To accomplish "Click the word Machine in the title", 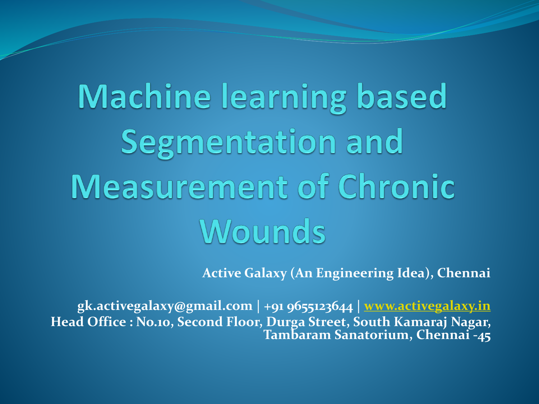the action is point(144,96).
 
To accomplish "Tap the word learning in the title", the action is point(284,98).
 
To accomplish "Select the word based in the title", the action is point(402,96).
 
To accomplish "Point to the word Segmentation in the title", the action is point(228,143).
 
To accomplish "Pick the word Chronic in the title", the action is point(396,186).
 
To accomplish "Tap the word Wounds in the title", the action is point(263,231).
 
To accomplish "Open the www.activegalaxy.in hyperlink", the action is point(427,306).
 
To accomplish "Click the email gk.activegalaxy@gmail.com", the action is point(165,306).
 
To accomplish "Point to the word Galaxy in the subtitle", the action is point(266,273).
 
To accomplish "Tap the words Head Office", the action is point(88,321).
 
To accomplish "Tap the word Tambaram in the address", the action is point(297,335).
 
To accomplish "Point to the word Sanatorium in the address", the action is point(373,335).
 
